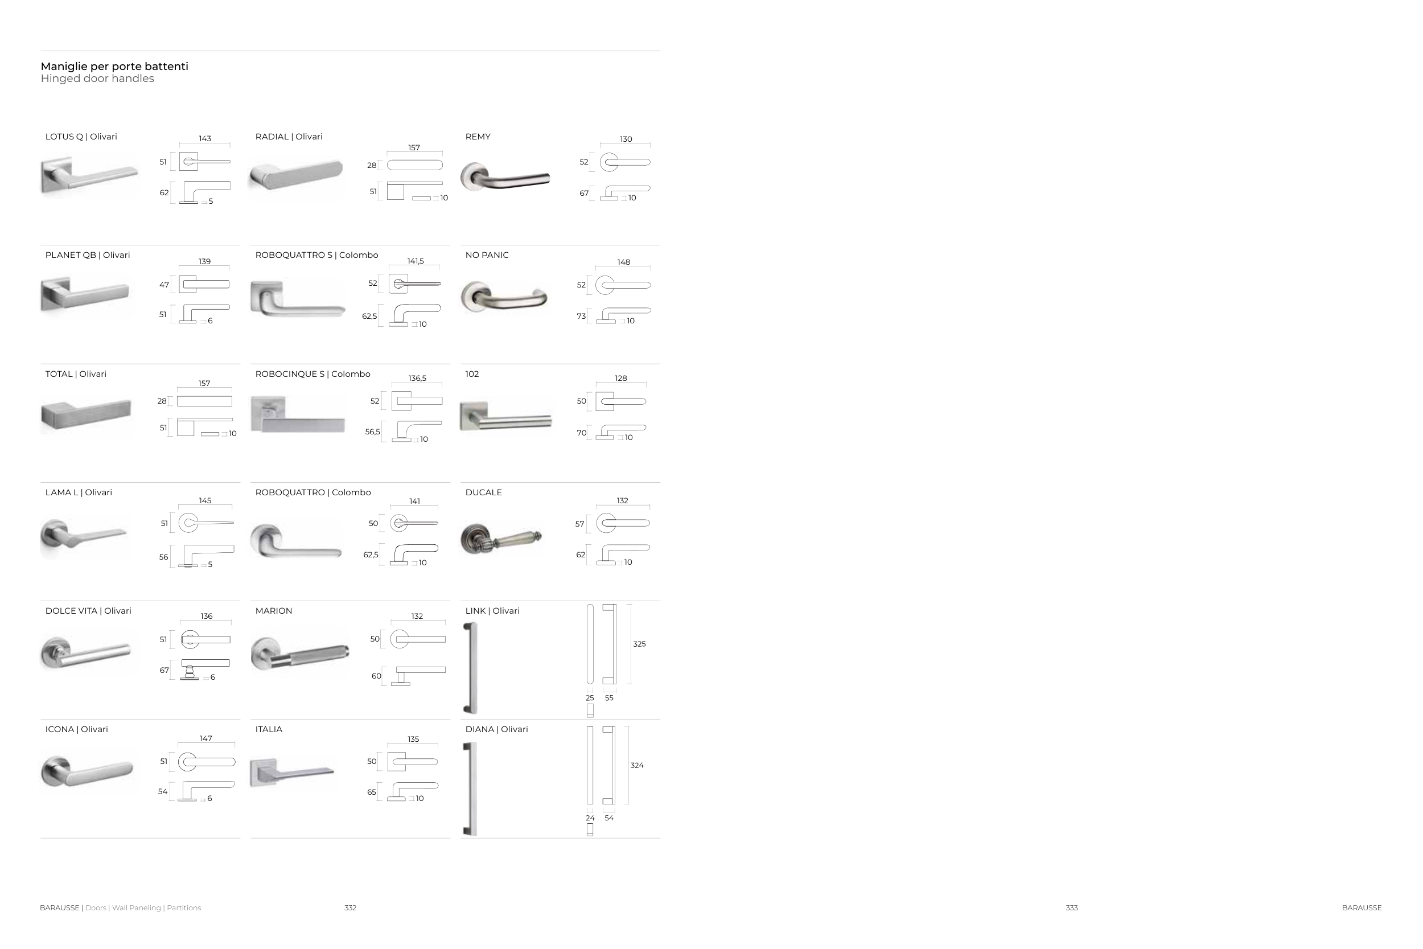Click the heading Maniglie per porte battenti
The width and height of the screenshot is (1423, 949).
(x=114, y=67)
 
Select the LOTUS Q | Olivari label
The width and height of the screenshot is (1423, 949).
(x=81, y=137)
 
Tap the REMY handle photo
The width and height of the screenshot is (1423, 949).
(x=505, y=176)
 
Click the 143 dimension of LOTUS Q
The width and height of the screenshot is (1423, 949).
(x=205, y=138)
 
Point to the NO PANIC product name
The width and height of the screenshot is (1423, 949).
(x=487, y=255)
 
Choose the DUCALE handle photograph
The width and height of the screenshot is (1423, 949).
(x=501, y=538)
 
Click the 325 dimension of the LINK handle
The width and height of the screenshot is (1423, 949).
(x=640, y=644)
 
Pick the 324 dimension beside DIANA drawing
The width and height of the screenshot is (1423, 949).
(x=637, y=765)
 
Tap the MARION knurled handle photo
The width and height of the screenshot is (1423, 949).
(x=300, y=654)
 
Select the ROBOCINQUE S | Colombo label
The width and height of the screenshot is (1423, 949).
(x=313, y=374)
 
